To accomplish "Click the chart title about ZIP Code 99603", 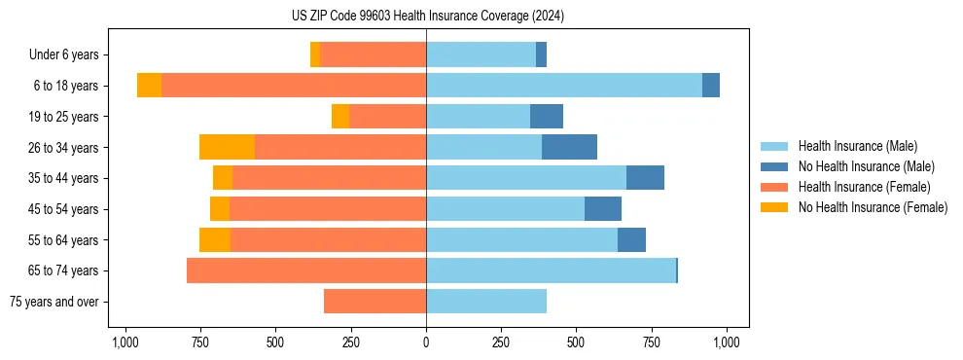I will pos(427,16).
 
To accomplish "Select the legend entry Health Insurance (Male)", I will pos(856,146).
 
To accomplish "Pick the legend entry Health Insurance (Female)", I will pos(864,187).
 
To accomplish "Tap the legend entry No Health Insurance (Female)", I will pos(873,207).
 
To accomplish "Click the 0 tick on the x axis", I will pos(426,343).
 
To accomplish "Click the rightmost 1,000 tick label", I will pos(727,343).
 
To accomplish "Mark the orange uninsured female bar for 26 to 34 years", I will pos(227,147).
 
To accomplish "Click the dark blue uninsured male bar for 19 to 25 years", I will pos(547,117).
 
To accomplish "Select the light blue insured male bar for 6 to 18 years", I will pos(564,86).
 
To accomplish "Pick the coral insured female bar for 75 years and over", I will pos(374,302).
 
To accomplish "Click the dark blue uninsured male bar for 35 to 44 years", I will pos(645,178).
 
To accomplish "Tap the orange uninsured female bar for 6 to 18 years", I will pos(149,86).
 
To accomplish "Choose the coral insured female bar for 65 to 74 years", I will pos(306,270).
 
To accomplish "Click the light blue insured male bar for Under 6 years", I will pos(481,55).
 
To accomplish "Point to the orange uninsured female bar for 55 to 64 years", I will pos(215,239).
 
